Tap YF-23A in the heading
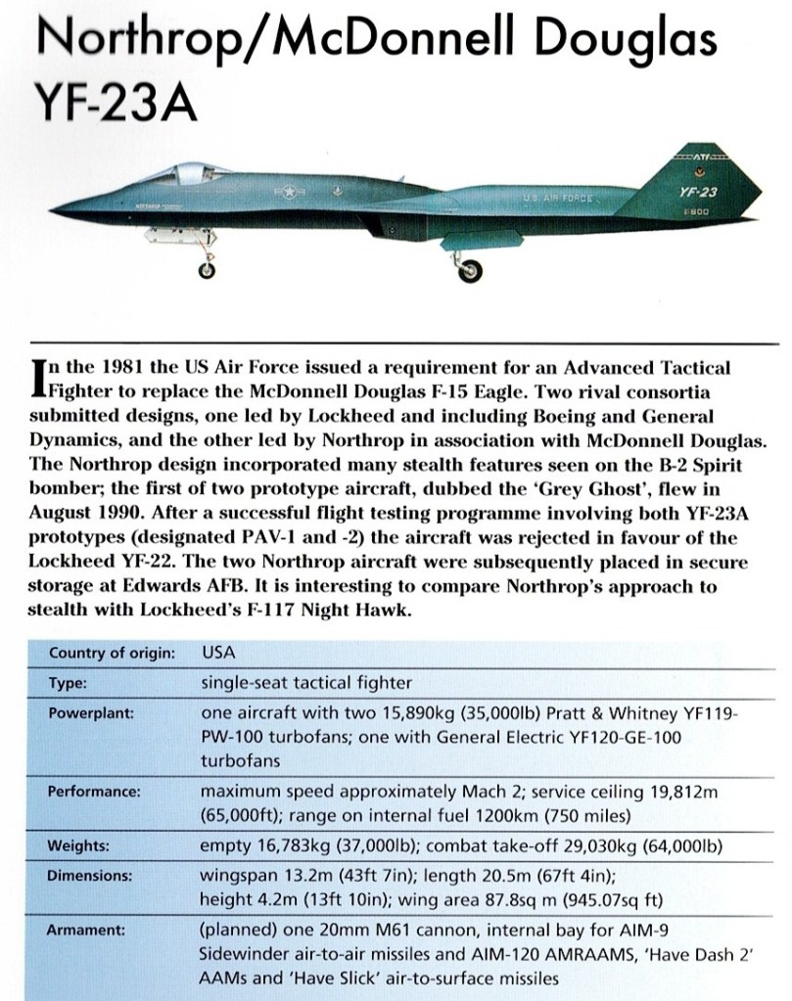(x=116, y=101)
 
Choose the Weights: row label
(x=79, y=843)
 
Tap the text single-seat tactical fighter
(x=305, y=682)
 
